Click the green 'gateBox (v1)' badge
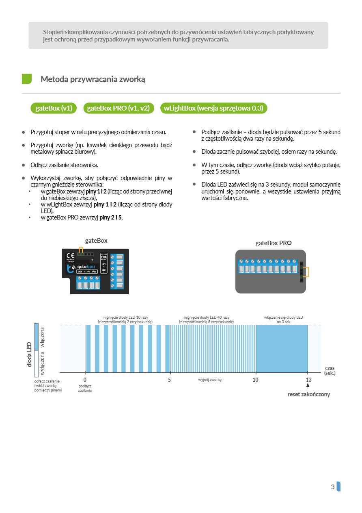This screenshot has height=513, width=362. point(54,108)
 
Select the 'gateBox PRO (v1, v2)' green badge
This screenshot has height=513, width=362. point(119,108)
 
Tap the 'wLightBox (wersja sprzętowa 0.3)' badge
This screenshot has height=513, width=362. point(213,108)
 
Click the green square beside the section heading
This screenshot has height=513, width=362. point(27,79)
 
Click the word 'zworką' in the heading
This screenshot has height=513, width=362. point(131,79)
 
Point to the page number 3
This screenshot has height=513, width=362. point(333,487)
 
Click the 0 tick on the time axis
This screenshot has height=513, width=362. point(85,380)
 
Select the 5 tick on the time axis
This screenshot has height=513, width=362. point(170,380)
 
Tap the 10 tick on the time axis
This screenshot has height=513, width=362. point(255,380)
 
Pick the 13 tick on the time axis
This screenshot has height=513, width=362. point(308,380)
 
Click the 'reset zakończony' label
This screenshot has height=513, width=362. point(308,394)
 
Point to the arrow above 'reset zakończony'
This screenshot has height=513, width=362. point(308,387)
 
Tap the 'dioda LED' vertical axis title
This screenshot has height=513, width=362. point(30,354)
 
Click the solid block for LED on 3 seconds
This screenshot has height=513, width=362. point(282,348)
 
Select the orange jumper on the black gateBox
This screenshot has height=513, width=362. point(81,250)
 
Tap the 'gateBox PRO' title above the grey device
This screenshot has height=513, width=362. point(273,243)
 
